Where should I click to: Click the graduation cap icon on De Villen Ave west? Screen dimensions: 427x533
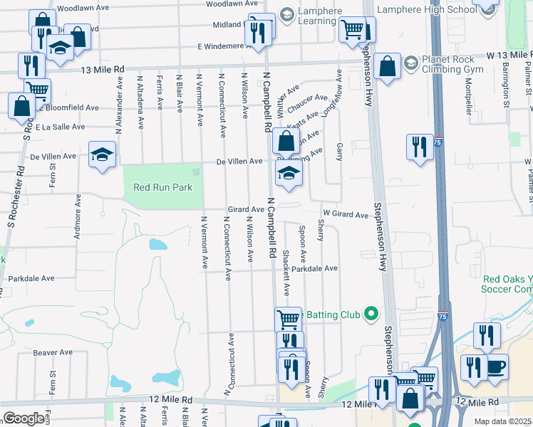pos(102,154)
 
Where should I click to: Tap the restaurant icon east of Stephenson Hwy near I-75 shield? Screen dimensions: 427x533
pos(420,147)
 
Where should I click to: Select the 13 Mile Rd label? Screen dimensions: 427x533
pos(103,69)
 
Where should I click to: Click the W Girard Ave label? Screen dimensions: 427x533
pos(345,213)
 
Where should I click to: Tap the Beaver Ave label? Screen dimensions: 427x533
pos(53,352)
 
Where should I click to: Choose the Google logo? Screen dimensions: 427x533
pos(24,418)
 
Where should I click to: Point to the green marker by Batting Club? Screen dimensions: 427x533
pos(371,313)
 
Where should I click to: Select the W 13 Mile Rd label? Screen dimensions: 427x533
pos(509,55)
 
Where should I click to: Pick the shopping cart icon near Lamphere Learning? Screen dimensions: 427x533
pos(353,30)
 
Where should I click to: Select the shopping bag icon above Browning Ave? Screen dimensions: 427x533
pos(286,140)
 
